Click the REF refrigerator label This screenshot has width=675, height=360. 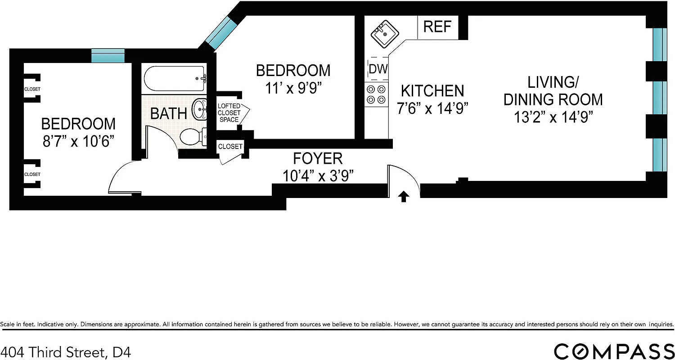[437, 27]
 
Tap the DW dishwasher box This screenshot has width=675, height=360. [378, 69]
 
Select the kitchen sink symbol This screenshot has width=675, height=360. [383, 34]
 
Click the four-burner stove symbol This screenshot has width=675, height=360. [376, 94]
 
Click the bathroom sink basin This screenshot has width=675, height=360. [199, 109]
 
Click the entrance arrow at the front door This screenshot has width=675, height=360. [404, 196]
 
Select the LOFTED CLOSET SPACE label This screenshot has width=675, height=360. [229, 113]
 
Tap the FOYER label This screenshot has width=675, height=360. [318, 158]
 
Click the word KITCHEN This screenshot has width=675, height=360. [432, 91]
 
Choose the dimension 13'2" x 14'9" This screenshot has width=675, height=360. [553, 117]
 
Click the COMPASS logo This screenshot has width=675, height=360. [614, 351]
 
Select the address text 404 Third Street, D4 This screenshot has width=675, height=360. [66, 351]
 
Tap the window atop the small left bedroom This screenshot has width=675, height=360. [108, 56]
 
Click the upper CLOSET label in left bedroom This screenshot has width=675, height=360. [32, 89]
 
